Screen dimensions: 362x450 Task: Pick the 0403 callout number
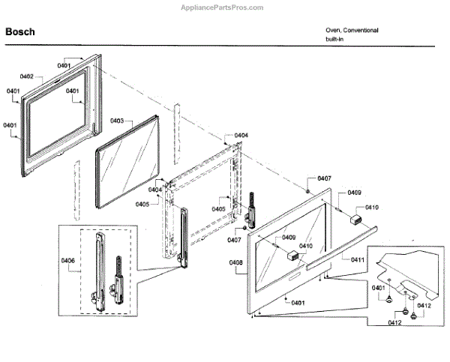pyautogui.click(x=117, y=121)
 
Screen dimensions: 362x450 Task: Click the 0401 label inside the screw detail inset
pyautogui.click(x=379, y=287)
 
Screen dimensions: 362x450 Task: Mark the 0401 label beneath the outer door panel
pyautogui.click(x=298, y=302)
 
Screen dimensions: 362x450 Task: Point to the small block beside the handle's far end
pyautogui.click(x=356, y=219)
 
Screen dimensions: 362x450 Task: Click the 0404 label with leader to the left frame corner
pyautogui.click(x=154, y=190)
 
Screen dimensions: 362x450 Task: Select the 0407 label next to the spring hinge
pyautogui.click(x=234, y=240)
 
